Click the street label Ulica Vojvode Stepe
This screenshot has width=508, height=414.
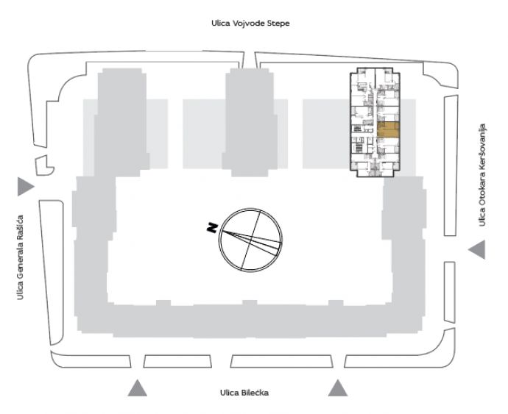tap(250, 24)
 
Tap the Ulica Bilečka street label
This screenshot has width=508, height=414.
tap(244, 393)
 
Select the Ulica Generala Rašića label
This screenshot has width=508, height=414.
tap(20, 257)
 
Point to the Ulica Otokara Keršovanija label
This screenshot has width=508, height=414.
tap(482, 175)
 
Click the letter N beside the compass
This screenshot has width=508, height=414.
tap(212, 227)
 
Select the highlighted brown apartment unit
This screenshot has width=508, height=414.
tap(388, 130)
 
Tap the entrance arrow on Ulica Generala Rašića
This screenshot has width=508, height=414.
tap(26, 187)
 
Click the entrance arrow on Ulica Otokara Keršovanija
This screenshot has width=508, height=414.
tap(477, 249)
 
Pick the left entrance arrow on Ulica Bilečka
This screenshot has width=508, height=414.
tap(138, 388)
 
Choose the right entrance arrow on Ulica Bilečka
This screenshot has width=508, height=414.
tap(338, 388)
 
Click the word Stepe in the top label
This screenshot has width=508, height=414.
tap(278, 24)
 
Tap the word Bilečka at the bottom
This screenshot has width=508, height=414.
tap(254, 393)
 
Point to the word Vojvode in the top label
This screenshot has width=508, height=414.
tap(249, 24)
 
